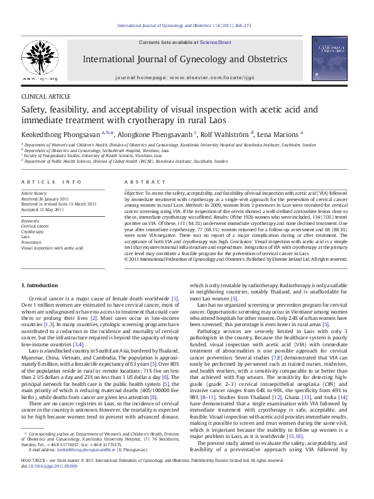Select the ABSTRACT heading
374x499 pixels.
(140, 182)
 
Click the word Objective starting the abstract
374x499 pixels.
(134, 192)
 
